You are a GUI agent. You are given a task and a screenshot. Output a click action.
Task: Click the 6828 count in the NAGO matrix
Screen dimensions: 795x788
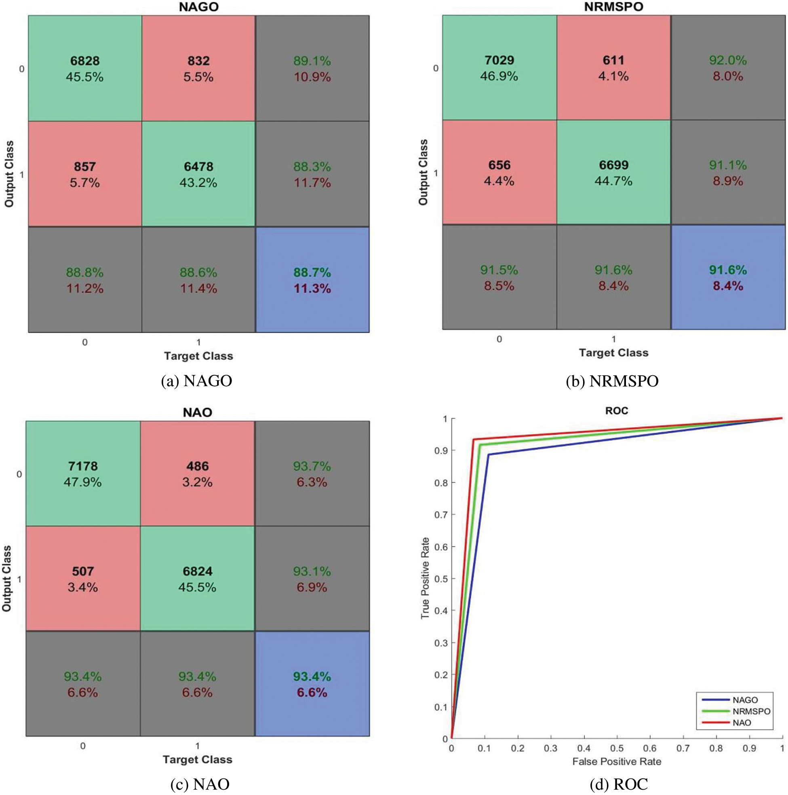[x=85, y=61]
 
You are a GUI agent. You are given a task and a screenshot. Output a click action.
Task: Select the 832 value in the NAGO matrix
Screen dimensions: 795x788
[x=199, y=61]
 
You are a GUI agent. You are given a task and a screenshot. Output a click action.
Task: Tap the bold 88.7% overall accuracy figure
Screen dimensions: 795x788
[x=312, y=273]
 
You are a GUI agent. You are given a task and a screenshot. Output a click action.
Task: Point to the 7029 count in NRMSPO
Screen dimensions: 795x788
[x=499, y=60]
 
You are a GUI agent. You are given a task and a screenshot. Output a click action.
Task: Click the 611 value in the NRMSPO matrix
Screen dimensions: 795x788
[x=613, y=60]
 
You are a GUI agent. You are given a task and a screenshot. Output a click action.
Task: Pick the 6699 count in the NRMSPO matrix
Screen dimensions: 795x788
[x=613, y=165]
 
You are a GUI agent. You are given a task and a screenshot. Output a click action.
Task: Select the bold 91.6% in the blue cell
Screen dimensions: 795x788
[x=727, y=270]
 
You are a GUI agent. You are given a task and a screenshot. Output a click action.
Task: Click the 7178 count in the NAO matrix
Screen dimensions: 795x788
[x=83, y=466]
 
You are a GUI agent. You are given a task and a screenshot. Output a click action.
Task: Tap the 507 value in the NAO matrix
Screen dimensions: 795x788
[x=83, y=571]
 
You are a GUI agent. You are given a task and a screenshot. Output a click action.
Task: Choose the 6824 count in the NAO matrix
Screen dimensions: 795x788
[x=198, y=571]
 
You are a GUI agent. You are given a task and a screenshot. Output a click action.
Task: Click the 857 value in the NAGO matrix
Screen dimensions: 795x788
[x=85, y=167]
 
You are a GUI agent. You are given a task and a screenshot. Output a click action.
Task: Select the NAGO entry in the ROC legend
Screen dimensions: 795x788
[x=745, y=700]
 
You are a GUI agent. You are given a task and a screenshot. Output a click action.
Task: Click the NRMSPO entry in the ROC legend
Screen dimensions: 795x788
[x=751, y=711]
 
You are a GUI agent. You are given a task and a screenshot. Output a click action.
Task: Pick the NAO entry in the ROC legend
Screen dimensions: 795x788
[x=742, y=723]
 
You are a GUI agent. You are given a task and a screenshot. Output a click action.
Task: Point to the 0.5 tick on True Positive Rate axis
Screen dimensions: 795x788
[x=441, y=579]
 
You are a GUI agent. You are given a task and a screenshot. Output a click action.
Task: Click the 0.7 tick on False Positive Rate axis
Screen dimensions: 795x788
[x=683, y=748]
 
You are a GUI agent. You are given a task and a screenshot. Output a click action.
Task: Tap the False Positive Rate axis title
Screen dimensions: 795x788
[x=617, y=762]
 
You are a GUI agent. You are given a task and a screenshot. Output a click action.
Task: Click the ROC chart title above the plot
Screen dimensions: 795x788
[x=617, y=411]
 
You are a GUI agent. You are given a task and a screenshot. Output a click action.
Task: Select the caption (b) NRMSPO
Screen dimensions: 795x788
[x=612, y=381]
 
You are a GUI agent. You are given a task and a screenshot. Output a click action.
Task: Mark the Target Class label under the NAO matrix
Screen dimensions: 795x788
[x=198, y=759]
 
